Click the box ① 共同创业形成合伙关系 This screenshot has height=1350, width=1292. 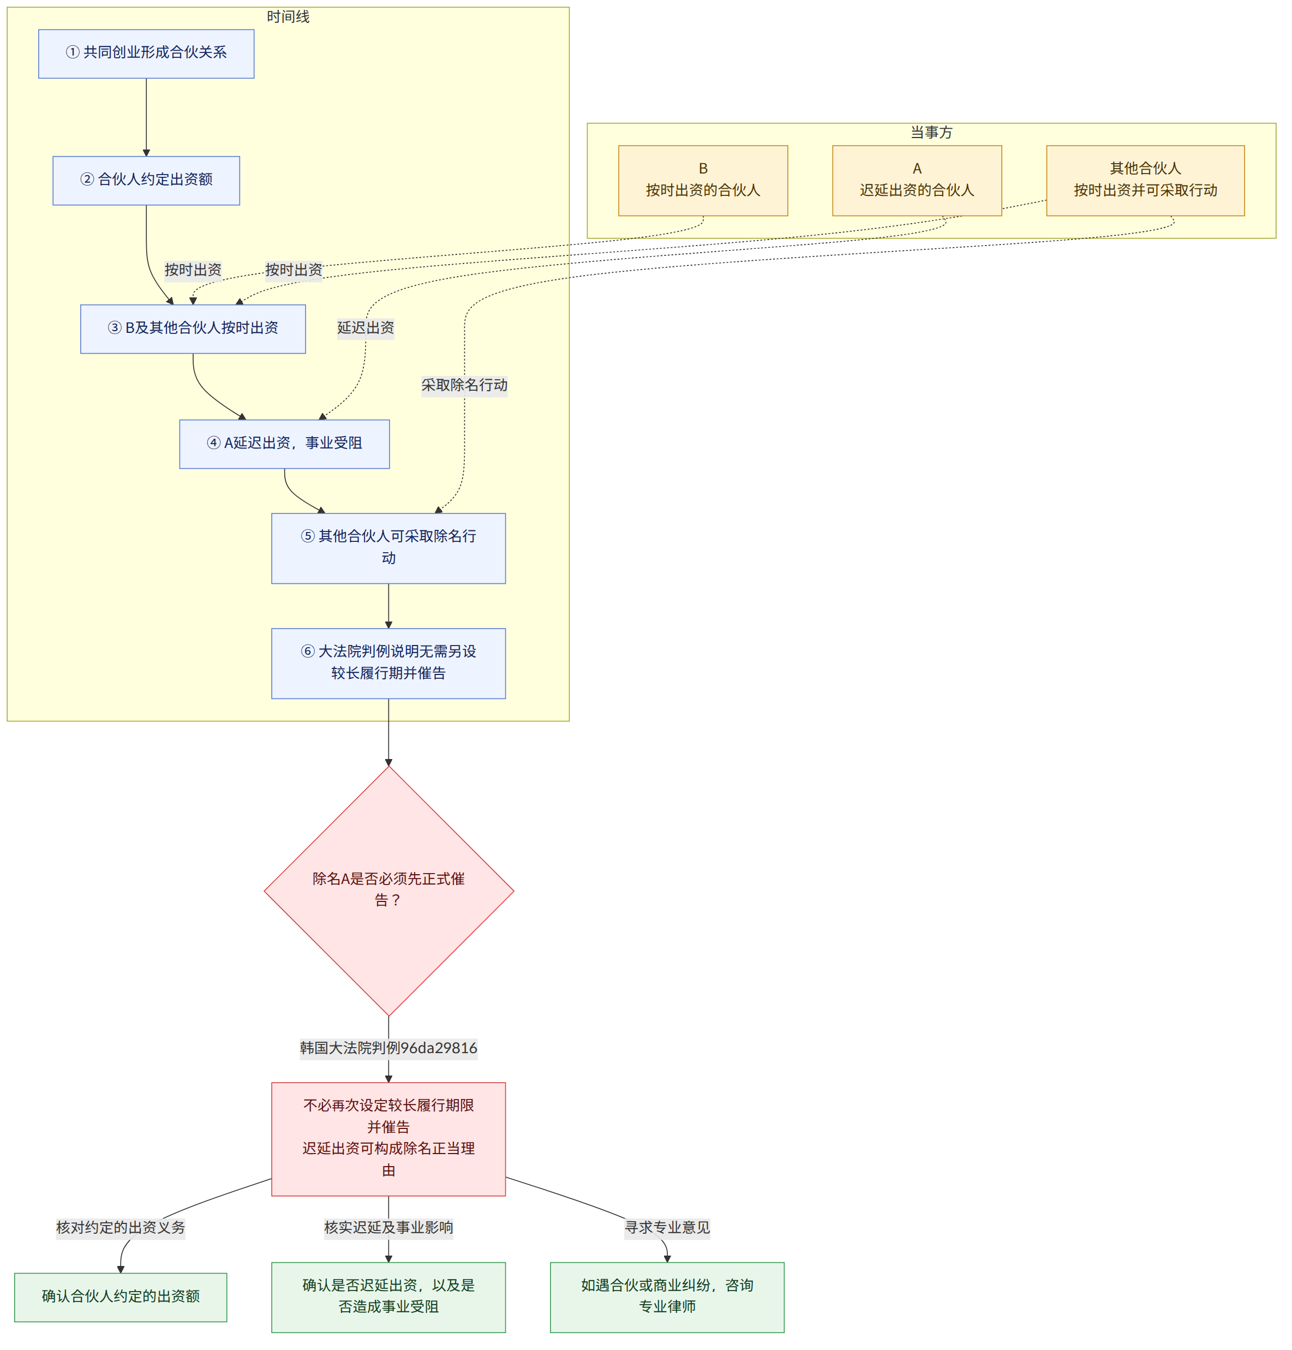[146, 53]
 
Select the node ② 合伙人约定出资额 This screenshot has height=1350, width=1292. [146, 181]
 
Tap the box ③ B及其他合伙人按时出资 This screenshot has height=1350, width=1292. [193, 329]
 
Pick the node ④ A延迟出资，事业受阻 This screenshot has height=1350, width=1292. [284, 444]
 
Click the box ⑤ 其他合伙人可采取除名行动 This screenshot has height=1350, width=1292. [388, 548]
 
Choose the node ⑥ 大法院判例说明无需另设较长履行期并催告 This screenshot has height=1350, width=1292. [388, 664]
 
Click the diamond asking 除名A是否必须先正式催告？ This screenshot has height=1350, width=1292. [388, 891]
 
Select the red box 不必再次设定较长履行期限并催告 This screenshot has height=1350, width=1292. [388, 1139]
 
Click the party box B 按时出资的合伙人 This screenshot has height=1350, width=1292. [703, 181]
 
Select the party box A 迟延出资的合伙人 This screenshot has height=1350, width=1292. [917, 181]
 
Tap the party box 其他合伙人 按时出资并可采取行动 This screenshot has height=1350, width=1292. [1145, 181]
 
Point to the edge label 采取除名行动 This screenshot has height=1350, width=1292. [464, 385]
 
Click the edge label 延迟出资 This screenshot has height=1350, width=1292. [366, 328]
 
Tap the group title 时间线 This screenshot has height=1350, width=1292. [288, 16]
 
